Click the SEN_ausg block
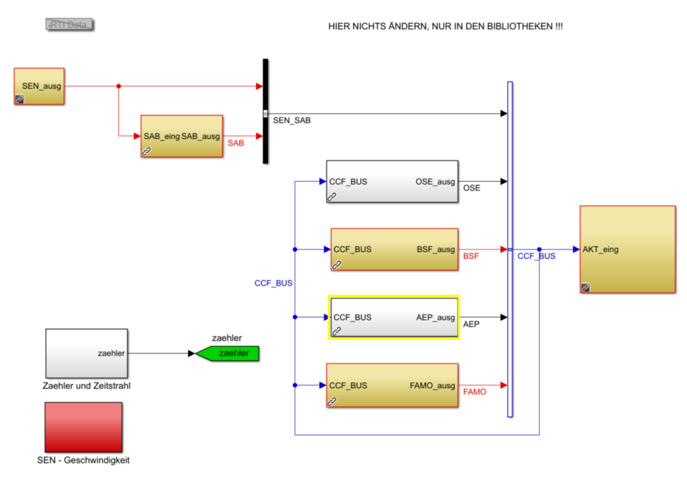click(x=39, y=86)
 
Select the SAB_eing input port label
click(x=162, y=136)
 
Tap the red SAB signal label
click(x=236, y=143)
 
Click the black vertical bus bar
click(x=266, y=111)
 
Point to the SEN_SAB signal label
click(x=292, y=121)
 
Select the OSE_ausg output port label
click(x=435, y=182)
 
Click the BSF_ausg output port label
click(x=436, y=249)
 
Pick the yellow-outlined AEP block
click(x=393, y=318)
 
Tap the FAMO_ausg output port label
click(x=432, y=386)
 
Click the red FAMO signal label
click(x=475, y=392)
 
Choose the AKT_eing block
click(x=627, y=249)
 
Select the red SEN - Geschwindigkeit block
click(x=84, y=427)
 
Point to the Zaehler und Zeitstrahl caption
click(x=86, y=386)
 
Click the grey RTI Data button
click(x=70, y=25)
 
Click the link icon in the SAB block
click(x=147, y=152)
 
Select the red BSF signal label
click(x=471, y=256)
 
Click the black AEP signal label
click(x=471, y=324)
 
